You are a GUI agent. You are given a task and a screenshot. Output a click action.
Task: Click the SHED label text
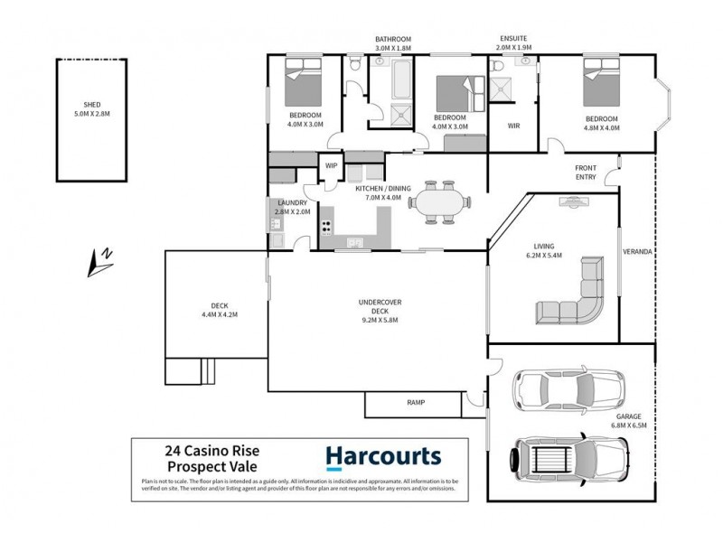click(x=89, y=106)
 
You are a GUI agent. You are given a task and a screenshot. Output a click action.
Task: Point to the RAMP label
click(x=415, y=402)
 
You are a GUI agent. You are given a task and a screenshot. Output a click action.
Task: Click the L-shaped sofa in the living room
click(x=575, y=294)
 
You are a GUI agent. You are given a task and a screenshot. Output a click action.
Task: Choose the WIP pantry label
click(x=331, y=165)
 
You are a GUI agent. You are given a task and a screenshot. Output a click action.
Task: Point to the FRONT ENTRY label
click(x=586, y=173)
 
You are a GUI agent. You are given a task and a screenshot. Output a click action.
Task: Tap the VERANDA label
click(x=637, y=251)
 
